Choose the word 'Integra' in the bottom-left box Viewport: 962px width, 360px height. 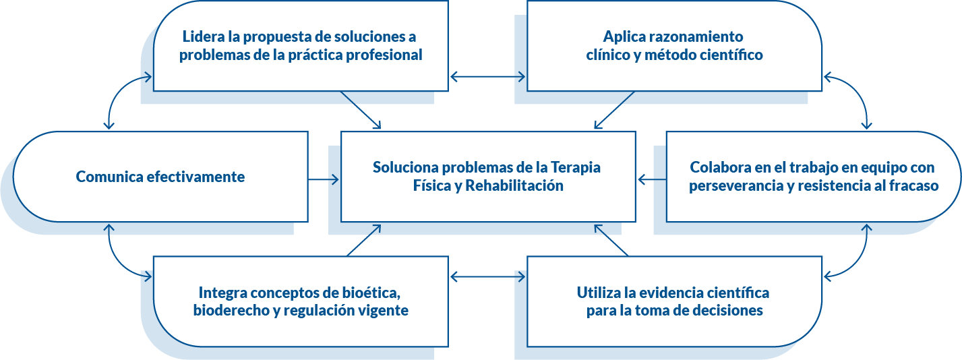pos(222,293)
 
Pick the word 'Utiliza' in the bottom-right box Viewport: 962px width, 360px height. pos(599,293)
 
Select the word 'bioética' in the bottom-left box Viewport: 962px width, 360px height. pos(370,293)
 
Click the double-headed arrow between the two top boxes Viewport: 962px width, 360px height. pos(487,77)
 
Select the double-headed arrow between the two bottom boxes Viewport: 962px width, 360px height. pos(487,276)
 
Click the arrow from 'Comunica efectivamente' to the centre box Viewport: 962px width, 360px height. pos(324,179)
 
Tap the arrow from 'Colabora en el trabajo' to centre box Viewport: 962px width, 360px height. pos(651,179)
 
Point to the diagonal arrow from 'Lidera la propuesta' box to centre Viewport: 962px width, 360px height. pos(361,110)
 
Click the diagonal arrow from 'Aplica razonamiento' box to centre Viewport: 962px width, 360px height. pos(614,110)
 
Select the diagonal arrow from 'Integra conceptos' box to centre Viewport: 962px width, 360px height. pos(364,241)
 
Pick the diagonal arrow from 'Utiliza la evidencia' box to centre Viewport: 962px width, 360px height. pos(611,240)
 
